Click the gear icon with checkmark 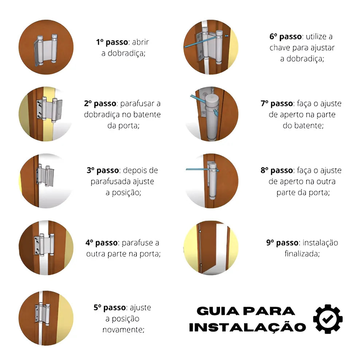click(x=328, y=319)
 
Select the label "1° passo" click(x=112, y=42)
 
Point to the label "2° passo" click(x=100, y=103)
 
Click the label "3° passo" click(x=103, y=170)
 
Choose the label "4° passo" click(x=102, y=243)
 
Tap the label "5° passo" click(x=110, y=308)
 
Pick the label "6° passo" click(x=286, y=37)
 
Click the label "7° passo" click(x=277, y=103)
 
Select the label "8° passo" click(x=277, y=170)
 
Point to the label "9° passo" click(x=282, y=243)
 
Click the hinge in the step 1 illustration click(x=46, y=50)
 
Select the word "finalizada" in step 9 click(x=302, y=254)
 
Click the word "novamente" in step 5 click(x=123, y=330)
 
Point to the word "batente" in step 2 click(x=146, y=115)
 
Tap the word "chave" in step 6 click(x=280, y=48)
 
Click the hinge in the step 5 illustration click(x=42, y=314)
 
